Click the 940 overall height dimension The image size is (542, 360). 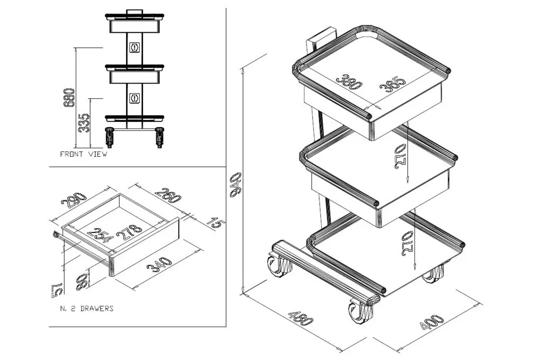(x=236, y=185)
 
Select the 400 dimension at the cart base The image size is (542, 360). (x=431, y=322)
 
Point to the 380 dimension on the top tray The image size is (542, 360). (x=349, y=82)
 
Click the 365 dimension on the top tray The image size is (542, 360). (x=392, y=85)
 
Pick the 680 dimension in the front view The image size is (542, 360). (x=69, y=97)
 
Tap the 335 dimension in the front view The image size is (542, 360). (x=84, y=122)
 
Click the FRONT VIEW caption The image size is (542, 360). (x=84, y=154)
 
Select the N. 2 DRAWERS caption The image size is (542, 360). (x=87, y=308)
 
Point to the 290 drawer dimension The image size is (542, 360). (x=73, y=200)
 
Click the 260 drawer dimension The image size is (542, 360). (x=168, y=195)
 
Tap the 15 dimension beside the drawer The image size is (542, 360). (x=216, y=223)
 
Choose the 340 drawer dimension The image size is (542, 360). (x=159, y=265)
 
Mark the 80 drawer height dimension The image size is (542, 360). (x=82, y=282)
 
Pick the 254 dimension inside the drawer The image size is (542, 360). (x=100, y=235)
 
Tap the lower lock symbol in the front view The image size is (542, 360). (x=134, y=98)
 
